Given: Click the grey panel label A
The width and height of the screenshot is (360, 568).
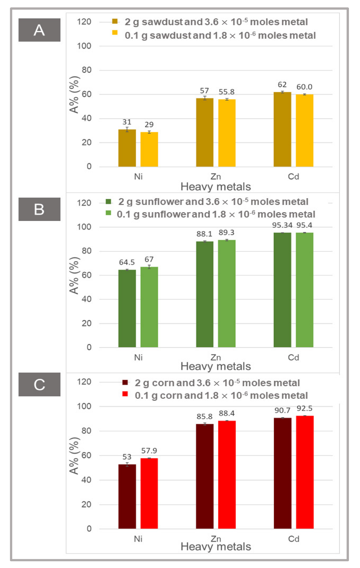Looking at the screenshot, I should (x=39, y=30).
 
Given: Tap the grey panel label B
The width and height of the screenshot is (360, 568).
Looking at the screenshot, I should (x=39, y=209).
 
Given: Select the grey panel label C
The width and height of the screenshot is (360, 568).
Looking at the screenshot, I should (x=39, y=384).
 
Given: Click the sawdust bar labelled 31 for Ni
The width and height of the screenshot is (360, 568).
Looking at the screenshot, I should (x=127, y=148).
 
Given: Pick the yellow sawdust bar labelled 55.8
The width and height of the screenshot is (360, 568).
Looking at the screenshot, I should (x=227, y=133).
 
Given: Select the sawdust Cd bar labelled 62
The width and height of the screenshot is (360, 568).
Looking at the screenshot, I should (x=282, y=129).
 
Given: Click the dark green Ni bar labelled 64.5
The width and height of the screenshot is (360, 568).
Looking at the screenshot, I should (x=127, y=309).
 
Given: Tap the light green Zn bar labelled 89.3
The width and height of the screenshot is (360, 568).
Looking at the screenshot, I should (x=227, y=294).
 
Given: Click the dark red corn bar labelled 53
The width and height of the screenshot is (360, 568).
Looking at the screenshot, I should (x=127, y=496).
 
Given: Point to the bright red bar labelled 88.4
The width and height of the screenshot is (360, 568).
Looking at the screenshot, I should (x=227, y=475).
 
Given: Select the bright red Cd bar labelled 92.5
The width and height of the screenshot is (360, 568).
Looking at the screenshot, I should (x=305, y=472).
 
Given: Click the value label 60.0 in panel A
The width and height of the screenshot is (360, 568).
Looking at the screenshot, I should (x=304, y=87).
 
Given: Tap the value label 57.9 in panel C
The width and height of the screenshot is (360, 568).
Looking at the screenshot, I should (x=149, y=451).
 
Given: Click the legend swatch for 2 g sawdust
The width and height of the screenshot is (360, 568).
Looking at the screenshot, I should (x=115, y=21).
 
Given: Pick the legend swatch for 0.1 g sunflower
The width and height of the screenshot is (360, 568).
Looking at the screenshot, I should (x=108, y=213).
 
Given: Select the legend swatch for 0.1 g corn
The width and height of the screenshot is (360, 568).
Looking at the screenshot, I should (x=125, y=394).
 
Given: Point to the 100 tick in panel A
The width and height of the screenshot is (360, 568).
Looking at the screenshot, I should (x=84, y=46).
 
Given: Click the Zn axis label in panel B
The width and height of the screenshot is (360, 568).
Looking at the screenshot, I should (x=216, y=357).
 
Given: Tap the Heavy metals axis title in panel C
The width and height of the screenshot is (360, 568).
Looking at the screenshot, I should (x=216, y=547).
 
